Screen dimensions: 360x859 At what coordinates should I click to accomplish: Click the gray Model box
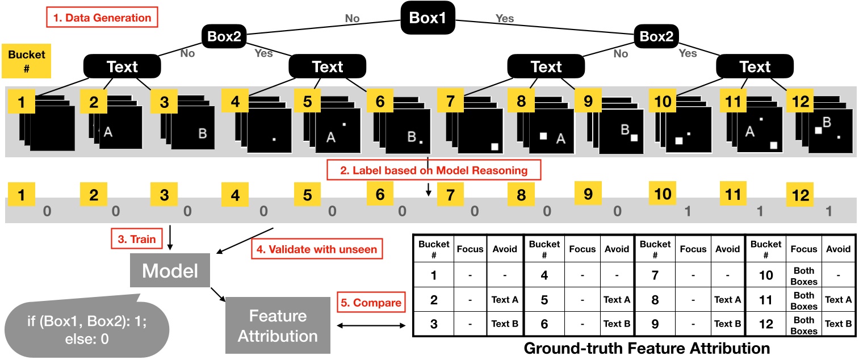(170, 270)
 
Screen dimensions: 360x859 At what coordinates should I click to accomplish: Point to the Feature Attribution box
(278, 325)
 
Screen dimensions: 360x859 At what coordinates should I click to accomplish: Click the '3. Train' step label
(136, 239)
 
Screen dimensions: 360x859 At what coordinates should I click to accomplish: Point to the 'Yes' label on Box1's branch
(504, 18)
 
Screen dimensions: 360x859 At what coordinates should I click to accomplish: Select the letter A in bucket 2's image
(108, 132)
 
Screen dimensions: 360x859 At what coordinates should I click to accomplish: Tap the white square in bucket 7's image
(495, 146)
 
